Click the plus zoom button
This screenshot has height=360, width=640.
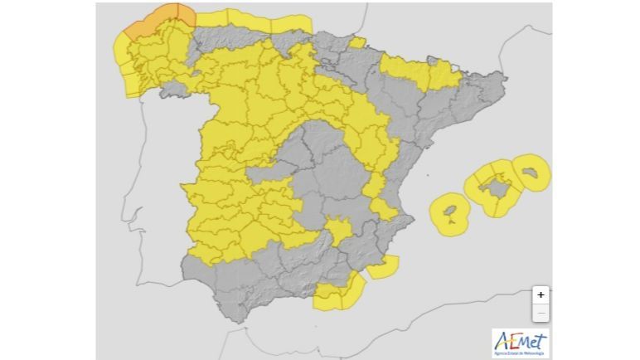pyautogui.click(x=541, y=294)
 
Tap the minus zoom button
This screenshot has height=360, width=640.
pyautogui.click(x=541, y=313)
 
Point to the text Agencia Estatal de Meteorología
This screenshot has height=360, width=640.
pyautogui.click(x=520, y=353)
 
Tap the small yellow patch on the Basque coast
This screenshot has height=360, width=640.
pyautogui.click(x=357, y=42)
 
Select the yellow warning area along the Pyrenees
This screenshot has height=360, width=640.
pyautogui.click(x=419, y=73)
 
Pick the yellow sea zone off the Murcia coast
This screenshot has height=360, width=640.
pyautogui.click(x=383, y=267)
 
